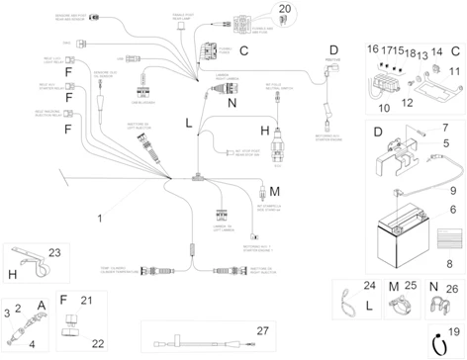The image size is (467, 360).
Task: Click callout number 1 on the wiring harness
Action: tap(99, 216)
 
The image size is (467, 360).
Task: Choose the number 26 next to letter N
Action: tap(452, 288)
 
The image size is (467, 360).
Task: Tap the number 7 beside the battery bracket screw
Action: tap(445, 127)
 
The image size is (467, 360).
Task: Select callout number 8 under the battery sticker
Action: tap(452, 263)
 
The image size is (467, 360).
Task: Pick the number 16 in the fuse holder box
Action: tap(373, 48)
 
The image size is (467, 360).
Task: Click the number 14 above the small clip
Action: tap(435, 48)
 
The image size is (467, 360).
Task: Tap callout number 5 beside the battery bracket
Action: tap(445, 144)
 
